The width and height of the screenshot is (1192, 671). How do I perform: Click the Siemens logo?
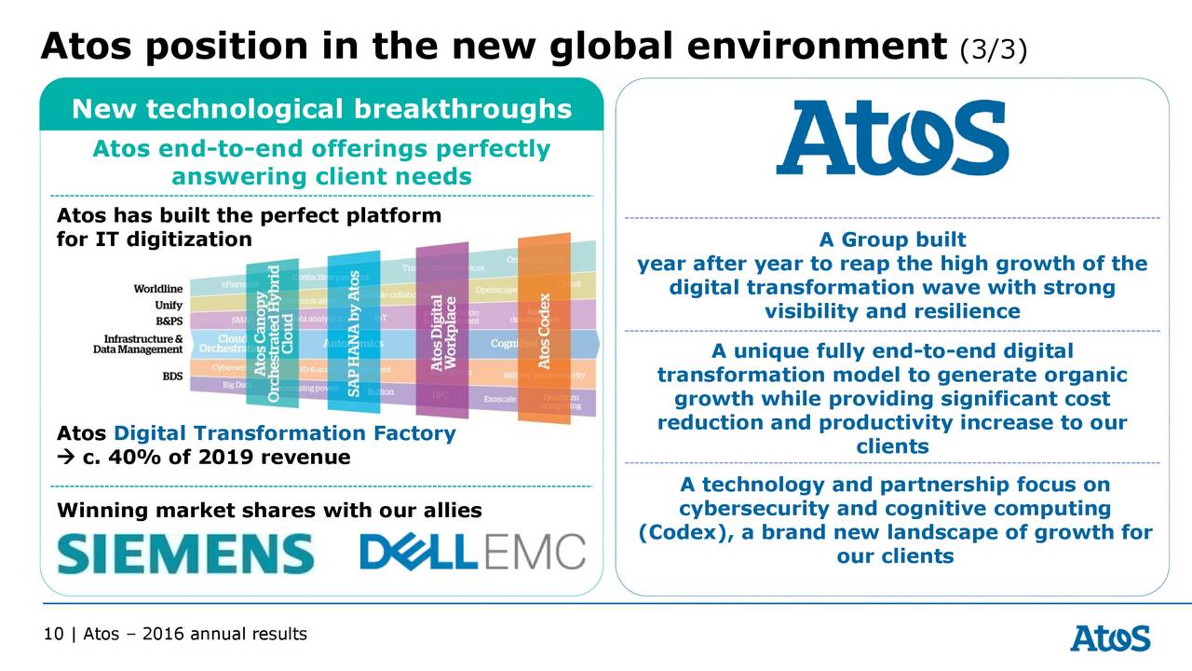tap(185, 553)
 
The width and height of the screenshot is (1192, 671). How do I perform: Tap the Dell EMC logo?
tap(472, 552)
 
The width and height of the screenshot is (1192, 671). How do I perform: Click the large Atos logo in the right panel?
tap(891, 138)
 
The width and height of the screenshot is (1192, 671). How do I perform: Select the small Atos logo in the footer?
tap(1109, 638)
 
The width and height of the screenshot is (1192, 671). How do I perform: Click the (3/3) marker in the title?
tap(993, 49)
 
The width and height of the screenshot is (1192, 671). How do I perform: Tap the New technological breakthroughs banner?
tap(321, 110)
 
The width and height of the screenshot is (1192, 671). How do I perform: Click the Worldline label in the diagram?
tap(157, 289)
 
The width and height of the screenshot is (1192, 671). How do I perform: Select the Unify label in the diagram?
tap(168, 305)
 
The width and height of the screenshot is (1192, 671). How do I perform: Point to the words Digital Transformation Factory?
tap(285, 433)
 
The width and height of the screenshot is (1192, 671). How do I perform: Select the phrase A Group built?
tap(891, 240)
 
